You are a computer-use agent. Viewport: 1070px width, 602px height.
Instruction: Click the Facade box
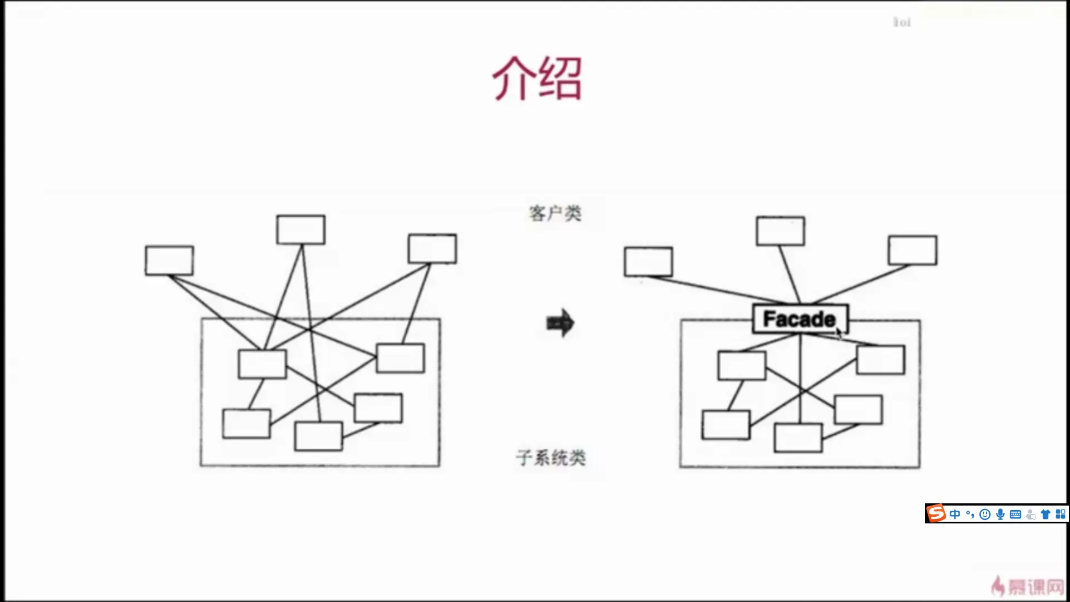pos(800,319)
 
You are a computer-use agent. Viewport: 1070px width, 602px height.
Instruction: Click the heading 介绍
pos(537,79)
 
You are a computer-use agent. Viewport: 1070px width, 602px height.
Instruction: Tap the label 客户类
pos(555,213)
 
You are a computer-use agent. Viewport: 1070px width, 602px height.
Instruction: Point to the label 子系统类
pos(551,458)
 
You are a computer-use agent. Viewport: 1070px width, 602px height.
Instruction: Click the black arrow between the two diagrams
pos(560,323)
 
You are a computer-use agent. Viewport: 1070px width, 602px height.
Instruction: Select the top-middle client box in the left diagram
pos(301,230)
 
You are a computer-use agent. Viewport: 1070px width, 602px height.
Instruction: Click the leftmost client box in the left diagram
pos(169,260)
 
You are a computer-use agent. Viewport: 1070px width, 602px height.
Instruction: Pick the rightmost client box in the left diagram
pos(432,249)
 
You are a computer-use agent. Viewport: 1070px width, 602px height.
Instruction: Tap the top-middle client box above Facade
pos(780,231)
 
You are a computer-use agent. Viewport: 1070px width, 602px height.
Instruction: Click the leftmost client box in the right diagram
pos(648,261)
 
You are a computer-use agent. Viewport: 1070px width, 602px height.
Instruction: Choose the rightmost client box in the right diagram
pos(913,250)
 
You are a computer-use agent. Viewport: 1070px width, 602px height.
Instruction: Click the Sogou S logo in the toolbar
pos(936,513)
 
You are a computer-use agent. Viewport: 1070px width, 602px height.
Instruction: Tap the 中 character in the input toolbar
pos(955,514)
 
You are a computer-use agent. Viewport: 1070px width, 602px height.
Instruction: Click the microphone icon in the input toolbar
pos(1000,514)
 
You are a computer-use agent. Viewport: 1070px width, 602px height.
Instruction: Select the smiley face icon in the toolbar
pos(985,514)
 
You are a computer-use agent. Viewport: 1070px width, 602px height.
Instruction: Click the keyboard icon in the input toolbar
pos(1015,514)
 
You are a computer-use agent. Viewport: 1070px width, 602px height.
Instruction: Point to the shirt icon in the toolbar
pos(1045,514)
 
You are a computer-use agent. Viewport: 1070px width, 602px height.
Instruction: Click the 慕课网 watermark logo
pos(1029,586)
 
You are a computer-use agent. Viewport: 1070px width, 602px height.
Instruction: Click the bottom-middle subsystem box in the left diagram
pos(318,436)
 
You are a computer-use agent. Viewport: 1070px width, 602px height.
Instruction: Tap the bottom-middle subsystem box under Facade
pos(798,438)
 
